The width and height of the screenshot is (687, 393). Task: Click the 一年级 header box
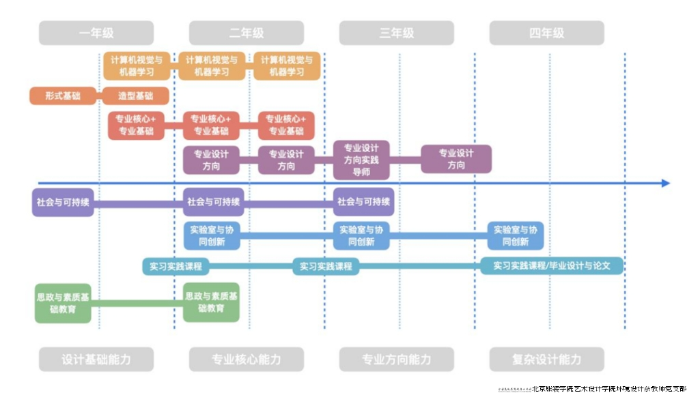[96, 33]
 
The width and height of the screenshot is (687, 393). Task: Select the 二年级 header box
[247, 33]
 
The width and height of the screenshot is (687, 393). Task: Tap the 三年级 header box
[397, 33]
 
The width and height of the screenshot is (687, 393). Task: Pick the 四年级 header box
[547, 33]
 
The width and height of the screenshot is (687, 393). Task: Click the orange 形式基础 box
[63, 96]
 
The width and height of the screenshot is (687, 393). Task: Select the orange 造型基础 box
[136, 96]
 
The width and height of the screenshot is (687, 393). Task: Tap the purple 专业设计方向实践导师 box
[361, 160]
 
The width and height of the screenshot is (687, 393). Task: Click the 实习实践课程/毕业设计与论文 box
[552, 265]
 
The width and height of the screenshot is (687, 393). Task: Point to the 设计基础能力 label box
[96, 360]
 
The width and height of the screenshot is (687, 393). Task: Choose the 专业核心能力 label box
[247, 360]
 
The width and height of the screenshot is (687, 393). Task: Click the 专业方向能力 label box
[397, 360]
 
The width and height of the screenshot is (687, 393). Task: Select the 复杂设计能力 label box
[547, 360]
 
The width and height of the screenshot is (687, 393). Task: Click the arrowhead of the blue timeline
[665, 183]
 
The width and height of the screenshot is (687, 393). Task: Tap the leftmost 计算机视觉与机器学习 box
[137, 65]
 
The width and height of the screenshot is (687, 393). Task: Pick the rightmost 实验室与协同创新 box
[516, 235]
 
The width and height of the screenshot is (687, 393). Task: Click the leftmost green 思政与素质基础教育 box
[63, 303]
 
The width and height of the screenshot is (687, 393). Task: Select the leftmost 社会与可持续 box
[63, 202]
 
